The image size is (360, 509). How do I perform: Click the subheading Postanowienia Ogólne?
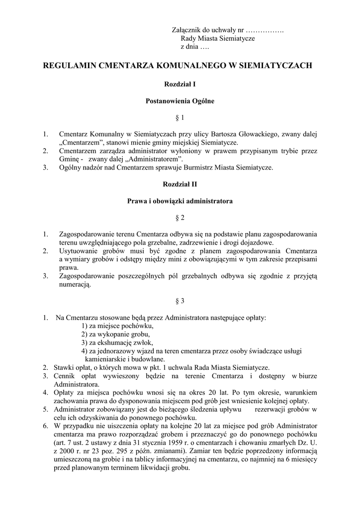point(180,101)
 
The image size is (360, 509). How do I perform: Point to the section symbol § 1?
point(180,118)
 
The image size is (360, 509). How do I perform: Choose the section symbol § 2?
point(180,218)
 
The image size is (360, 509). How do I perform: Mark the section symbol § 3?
point(180,301)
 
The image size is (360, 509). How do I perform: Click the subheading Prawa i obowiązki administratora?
point(180,201)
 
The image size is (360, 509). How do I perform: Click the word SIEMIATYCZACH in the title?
point(272,65)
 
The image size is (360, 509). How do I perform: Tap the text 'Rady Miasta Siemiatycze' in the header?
point(218,39)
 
